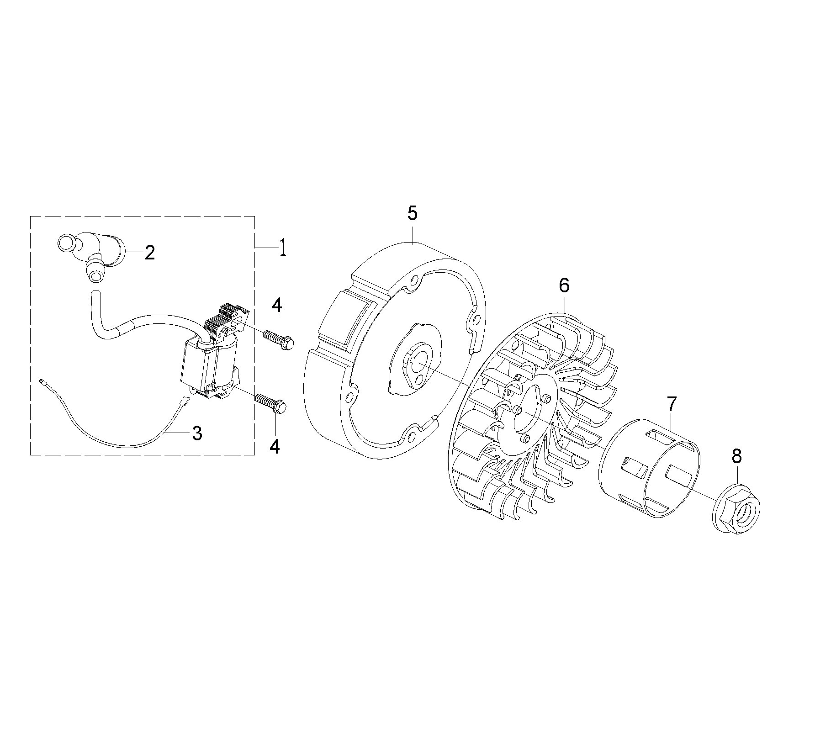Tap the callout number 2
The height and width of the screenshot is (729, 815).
click(149, 252)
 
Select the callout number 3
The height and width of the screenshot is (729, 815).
click(197, 433)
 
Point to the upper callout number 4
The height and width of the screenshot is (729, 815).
click(276, 305)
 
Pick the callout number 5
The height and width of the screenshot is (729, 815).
click(412, 214)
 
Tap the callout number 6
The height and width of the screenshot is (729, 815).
click(564, 285)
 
